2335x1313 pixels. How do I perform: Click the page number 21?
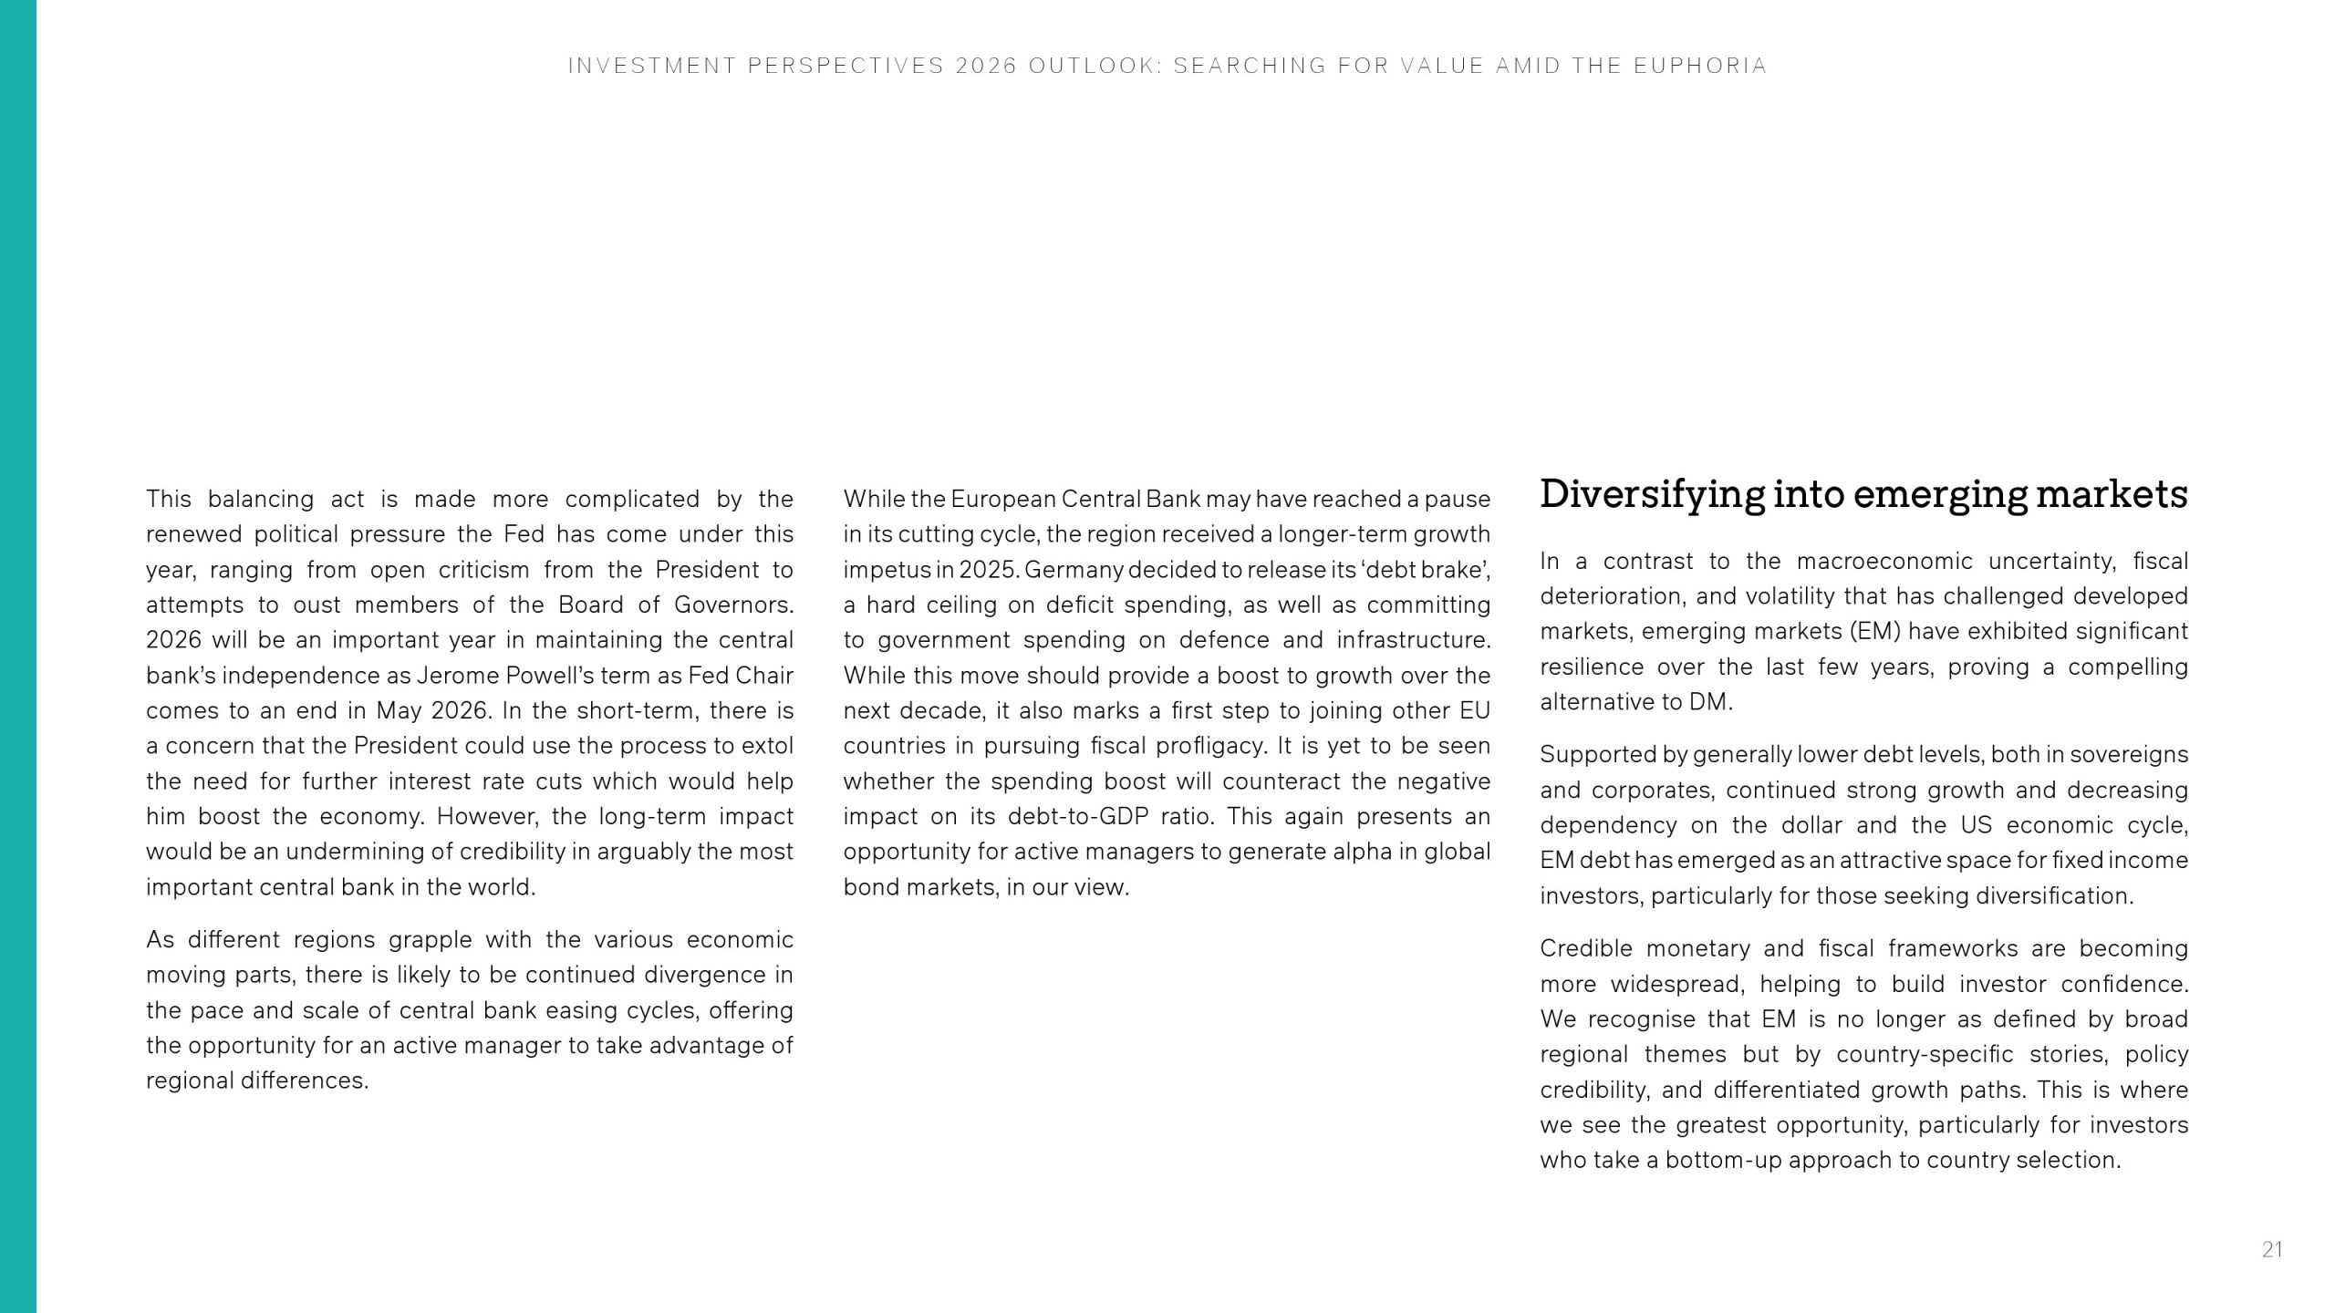coord(2271,1249)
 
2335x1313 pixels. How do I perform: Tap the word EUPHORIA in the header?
coord(1701,66)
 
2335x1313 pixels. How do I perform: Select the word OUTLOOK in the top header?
coord(1095,66)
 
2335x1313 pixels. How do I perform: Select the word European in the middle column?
coord(1003,500)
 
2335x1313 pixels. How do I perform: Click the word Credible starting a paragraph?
coord(1586,949)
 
